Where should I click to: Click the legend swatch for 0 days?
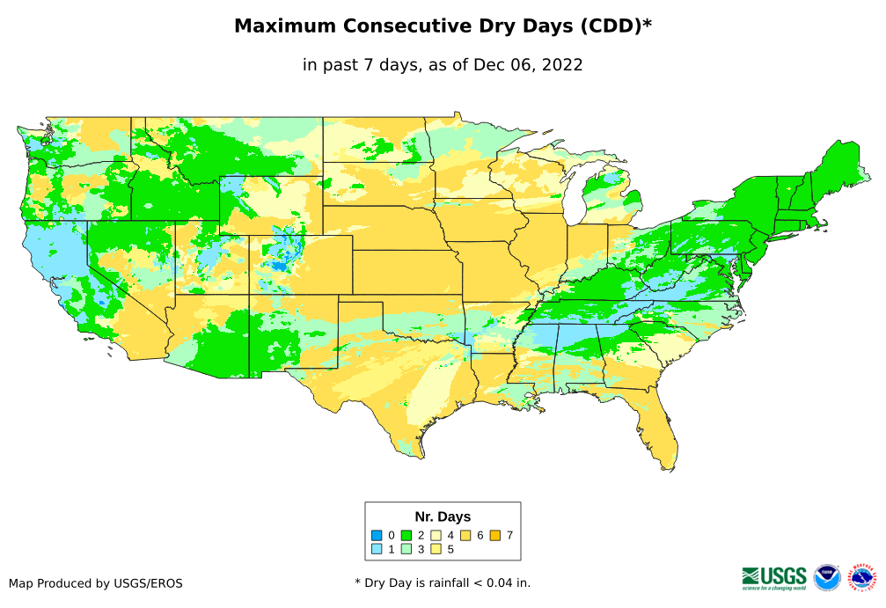[x=376, y=535]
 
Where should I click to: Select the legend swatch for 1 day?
[x=376, y=549]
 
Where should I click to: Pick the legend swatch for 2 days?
[x=406, y=535]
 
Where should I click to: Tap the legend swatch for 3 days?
[x=406, y=549]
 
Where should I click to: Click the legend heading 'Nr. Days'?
[x=443, y=516]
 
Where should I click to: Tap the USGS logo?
[x=774, y=576]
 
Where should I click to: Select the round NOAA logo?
[x=827, y=577]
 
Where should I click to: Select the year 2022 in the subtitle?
[x=563, y=64]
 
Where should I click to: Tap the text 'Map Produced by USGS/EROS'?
[x=96, y=583]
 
